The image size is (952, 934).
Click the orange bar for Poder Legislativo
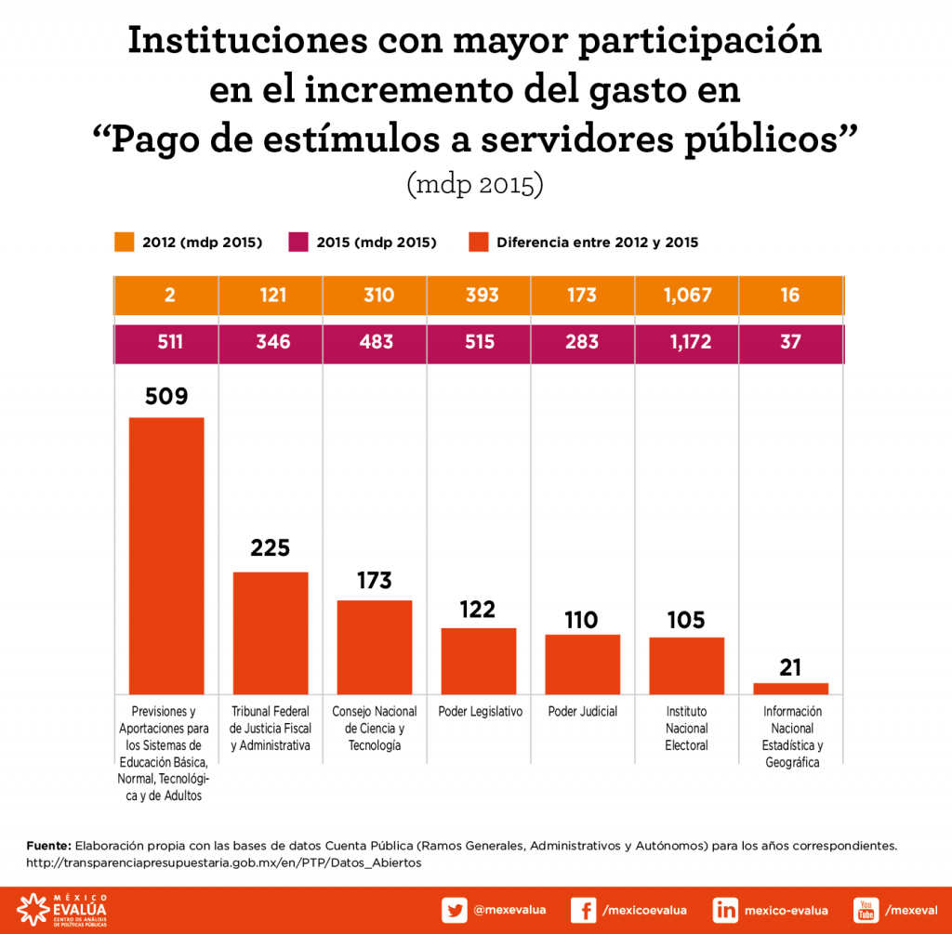[478, 661]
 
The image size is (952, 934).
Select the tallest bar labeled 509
[166, 555]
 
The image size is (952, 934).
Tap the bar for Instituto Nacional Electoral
[686, 665]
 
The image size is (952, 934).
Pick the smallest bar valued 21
[790, 689]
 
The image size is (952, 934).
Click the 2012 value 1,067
[686, 296]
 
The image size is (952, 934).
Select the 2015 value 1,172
[686, 342]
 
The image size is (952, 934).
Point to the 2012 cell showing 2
[166, 296]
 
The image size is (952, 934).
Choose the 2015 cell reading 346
[271, 342]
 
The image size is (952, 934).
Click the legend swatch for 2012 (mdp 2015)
[125, 243]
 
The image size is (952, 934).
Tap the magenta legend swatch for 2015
[299, 243]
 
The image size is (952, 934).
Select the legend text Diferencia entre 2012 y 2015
[597, 243]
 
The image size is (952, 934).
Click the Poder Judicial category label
[583, 712]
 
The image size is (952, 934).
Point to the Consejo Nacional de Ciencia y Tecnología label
[375, 729]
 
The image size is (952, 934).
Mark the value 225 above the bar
[271, 547]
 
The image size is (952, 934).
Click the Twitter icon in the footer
[455, 910]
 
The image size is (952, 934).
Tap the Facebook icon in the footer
[583, 910]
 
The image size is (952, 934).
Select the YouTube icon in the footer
[866, 910]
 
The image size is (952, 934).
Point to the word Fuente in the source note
[48, 846]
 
